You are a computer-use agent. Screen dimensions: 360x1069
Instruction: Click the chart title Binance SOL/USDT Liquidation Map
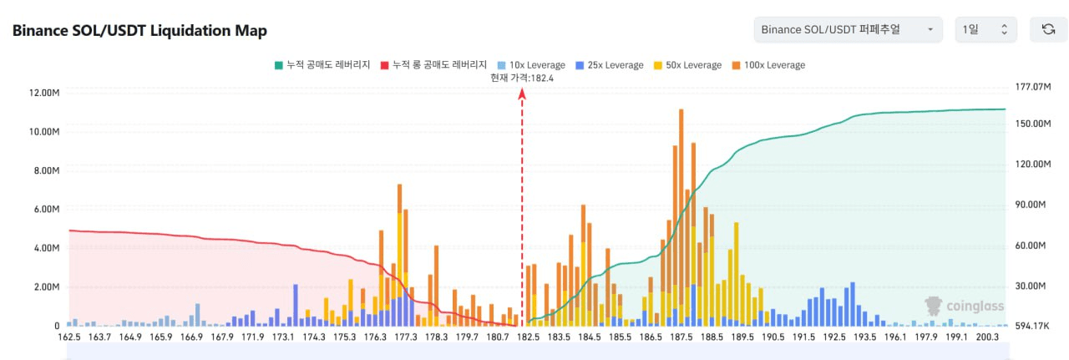pos(139,31)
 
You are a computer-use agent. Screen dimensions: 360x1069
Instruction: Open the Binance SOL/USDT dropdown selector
pos(847,30)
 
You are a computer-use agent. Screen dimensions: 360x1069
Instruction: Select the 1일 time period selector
pos(985,30)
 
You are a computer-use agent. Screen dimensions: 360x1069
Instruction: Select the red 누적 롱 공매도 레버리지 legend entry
pos(433,65)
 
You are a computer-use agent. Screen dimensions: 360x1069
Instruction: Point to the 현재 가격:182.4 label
pos(522,78)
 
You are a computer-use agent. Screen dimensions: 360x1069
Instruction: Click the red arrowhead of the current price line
pos(522,94)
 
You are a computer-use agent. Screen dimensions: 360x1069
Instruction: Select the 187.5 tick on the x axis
pos(681,337)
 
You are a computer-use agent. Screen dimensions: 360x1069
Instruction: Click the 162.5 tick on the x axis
pos(69,337)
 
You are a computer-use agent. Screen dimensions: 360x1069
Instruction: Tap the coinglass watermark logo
pos(964,307)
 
